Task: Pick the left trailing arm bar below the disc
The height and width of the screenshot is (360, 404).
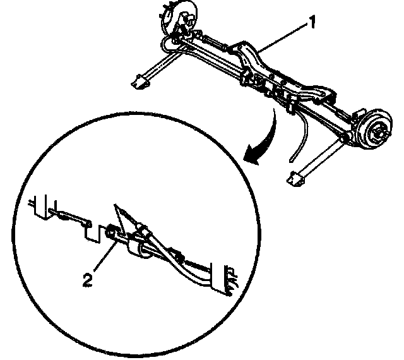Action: pos(158,66)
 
